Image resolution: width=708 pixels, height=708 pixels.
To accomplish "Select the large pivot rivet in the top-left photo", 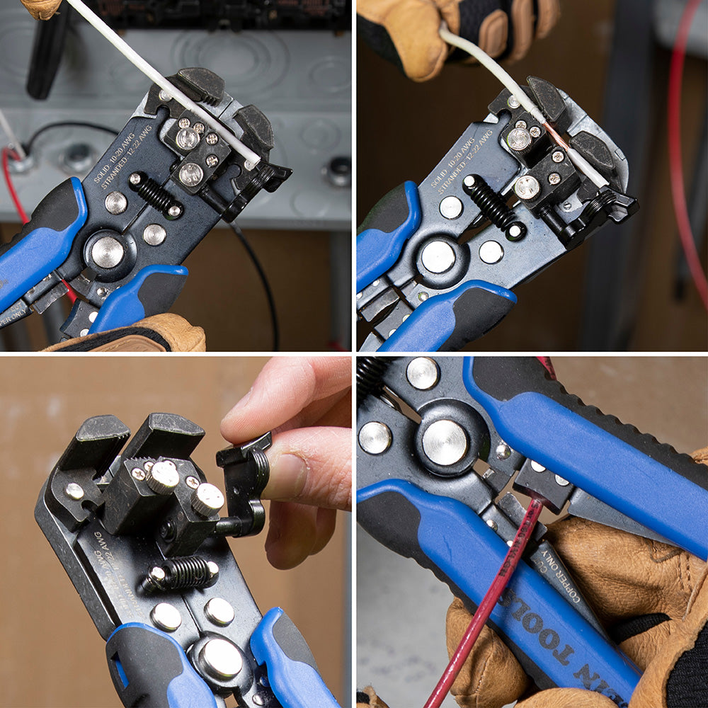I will [108, 251].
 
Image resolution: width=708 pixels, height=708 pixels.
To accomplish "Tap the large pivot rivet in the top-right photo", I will [438, 256].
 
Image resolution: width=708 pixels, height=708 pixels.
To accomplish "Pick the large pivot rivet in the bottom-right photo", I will [445, 442].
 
